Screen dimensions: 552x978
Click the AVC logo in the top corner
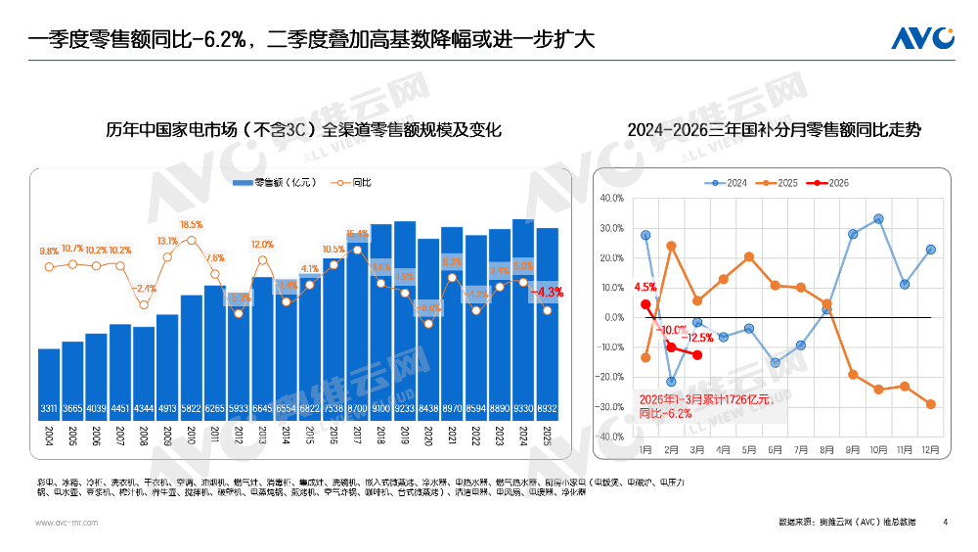click(922, 37)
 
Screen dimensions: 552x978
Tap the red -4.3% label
click(547, 292)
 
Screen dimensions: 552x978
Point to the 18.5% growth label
click(191, 224)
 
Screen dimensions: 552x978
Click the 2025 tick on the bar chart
click(548, 436)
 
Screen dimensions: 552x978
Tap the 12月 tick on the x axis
click(930, 450)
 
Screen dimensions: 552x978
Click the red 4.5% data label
click(645, 288)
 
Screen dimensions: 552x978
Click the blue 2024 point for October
click(878, 218)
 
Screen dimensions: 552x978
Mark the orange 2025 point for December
click(930, 404)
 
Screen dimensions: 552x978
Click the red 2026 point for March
click(697, 355)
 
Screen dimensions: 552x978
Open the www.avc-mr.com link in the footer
click(67, 524)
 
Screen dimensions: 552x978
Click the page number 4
click(945, 524)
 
